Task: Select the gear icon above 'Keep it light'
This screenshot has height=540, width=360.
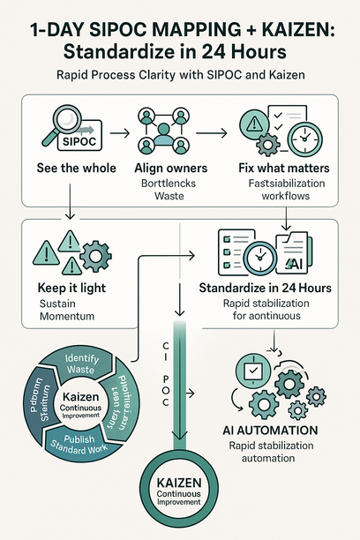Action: [93, 257]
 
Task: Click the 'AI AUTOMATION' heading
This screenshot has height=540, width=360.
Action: [276, 431]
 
